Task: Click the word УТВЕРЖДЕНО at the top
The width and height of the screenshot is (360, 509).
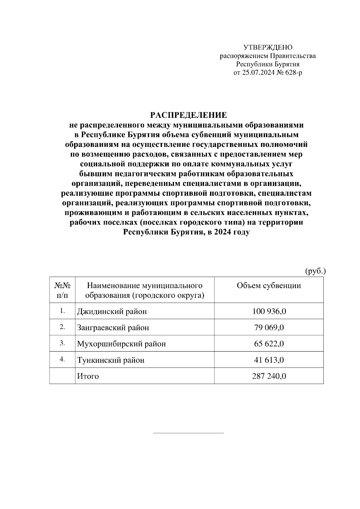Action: [268, 47]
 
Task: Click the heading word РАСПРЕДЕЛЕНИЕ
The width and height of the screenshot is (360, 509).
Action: [188, 115]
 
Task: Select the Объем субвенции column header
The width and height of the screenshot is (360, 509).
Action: [269, 285]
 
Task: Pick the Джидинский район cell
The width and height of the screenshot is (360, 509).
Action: [112, 311]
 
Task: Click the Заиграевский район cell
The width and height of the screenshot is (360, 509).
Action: [113, 328]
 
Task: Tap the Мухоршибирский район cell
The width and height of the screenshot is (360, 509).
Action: [121, 344]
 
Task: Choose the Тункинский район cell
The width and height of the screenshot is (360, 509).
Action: [111, 360]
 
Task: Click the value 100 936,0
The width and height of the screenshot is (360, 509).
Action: [269, 311]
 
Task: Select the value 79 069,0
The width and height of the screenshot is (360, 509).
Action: [269, 328]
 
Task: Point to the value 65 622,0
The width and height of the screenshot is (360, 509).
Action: [269, 344]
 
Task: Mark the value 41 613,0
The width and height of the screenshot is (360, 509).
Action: [269, 360]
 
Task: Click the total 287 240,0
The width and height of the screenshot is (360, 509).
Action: [269, 376]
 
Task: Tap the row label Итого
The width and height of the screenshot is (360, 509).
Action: [88, 376]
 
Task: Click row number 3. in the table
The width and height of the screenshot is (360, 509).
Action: [62, 343]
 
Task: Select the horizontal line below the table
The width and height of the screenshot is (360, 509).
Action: [188, 433]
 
